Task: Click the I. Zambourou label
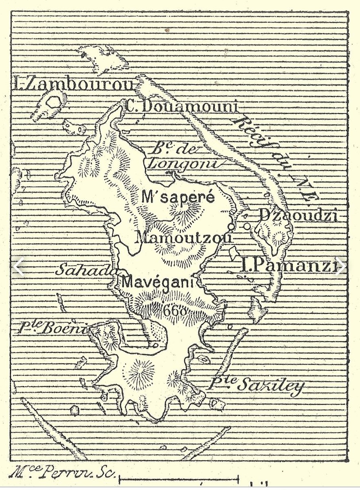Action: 73,85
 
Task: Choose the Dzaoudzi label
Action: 298,215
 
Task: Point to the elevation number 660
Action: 175,311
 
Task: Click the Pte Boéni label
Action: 52,328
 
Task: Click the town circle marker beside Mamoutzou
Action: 232,226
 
